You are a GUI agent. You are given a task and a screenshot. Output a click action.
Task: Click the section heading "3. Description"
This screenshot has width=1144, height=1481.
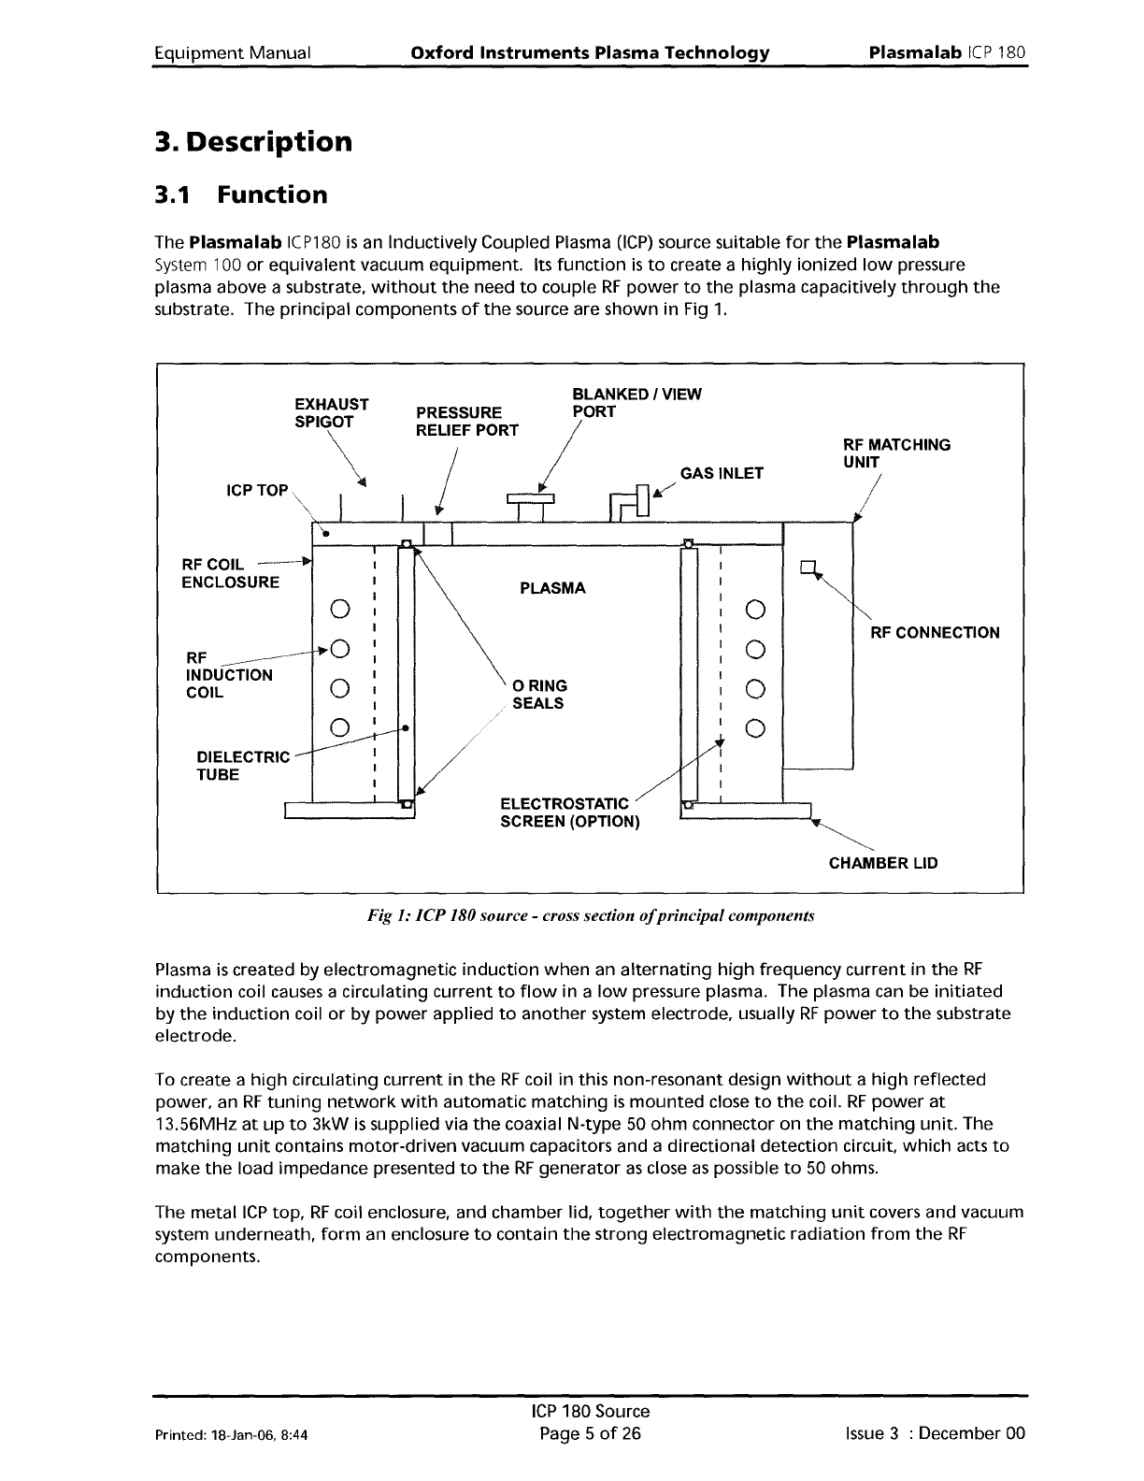point(253,143)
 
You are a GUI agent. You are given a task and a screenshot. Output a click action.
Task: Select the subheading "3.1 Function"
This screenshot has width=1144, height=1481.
point(241,195)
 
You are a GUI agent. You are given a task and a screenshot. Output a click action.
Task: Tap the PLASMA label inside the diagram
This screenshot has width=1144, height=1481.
point(552,588)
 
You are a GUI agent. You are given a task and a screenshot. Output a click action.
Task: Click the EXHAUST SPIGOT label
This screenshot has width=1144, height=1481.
point(331,413)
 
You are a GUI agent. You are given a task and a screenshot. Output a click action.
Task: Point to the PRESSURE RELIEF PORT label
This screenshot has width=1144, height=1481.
point(466,422)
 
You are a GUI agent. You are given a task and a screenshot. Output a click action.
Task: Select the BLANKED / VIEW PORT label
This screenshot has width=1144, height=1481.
point(636,403)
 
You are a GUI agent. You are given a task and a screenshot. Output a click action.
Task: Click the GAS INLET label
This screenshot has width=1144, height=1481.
point(722,473)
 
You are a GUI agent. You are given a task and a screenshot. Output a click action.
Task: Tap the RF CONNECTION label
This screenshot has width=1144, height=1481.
point(935,633)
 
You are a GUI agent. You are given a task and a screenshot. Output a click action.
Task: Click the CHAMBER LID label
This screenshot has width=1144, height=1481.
point(883,863)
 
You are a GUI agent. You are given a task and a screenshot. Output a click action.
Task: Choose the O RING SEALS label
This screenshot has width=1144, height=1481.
point(539,694)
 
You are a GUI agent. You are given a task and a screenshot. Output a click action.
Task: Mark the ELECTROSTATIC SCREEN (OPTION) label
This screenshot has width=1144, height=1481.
point(570,812)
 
